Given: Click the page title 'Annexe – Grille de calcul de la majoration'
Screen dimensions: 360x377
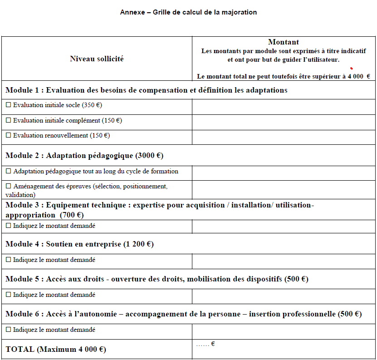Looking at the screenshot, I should (x=188, y=12).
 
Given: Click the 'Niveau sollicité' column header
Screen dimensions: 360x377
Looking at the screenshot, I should (x=97, y=59).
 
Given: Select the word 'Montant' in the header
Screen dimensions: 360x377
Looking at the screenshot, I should (x=284, y=42).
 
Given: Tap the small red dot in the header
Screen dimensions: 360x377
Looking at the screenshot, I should (x=351, y=68).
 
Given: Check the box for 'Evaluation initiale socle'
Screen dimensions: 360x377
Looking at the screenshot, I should (x=8, y=105).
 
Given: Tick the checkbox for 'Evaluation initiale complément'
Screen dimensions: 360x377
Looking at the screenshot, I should (x=8, y=121).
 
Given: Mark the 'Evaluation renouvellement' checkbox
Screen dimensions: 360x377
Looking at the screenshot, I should (x=8, y=136).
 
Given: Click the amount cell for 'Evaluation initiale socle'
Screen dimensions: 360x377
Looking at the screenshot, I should (x=284, y=107).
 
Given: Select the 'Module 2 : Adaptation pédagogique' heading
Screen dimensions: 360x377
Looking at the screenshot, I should (x=84, y=156).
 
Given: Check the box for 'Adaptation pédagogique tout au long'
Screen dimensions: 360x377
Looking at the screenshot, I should (x=8, y=172).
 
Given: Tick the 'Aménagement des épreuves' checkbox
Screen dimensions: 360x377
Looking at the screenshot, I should (x=8, y=187).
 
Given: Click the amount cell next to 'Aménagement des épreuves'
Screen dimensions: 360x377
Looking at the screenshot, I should (x=284, y=190).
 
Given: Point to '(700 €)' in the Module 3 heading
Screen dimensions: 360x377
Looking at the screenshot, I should (x=71, y=215).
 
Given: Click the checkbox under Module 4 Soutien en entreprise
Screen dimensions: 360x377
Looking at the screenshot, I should (x=8, y=261).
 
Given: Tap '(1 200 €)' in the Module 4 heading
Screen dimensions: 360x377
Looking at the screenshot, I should (x=138, y=244).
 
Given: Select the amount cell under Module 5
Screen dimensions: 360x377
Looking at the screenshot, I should (x=284, y=296).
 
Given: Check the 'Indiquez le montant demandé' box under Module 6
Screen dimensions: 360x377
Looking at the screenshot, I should (x=8, y=330).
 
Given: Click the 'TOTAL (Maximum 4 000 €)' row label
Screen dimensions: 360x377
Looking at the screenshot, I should (x=56, y=350).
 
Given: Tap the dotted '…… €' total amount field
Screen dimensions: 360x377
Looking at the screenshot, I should (x=206, y=344).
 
